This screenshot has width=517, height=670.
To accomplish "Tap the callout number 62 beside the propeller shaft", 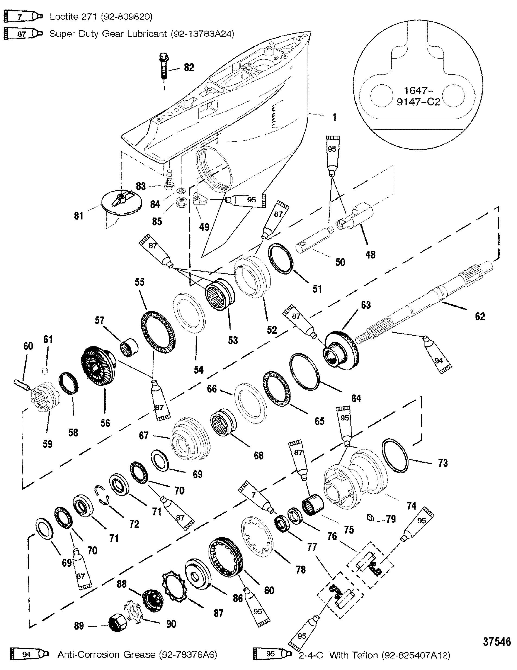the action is pyautogui.click(x=480, y=316).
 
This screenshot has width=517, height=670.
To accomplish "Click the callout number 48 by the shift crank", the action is pyautogui.click(x=370, y=254).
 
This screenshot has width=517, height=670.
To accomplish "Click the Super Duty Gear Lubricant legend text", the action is pyautogui.click(x=142, y=33).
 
